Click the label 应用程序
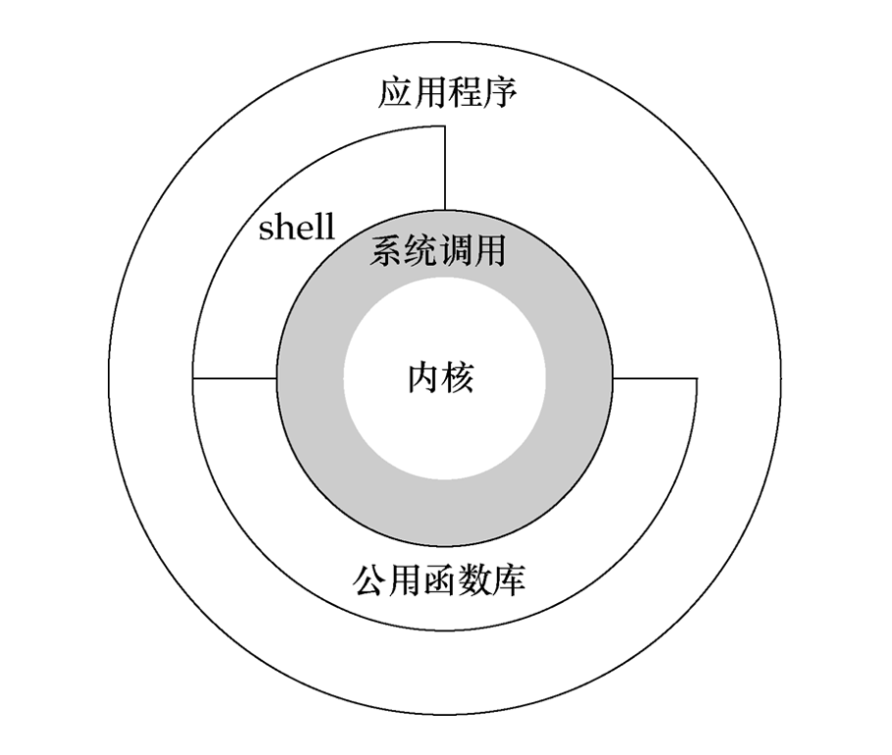click(x=447, y=95)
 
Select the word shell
click(x=296, y=228)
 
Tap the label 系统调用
click(x=437, y=252)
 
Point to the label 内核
click(x=441, y=377)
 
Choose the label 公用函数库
click(x=438, y=579)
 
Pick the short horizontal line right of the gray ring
click(x=654, y=378)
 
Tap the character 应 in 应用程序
click(x=395, y=95)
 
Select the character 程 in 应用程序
click(x=465, y=95)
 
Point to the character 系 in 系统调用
click(x=386, y=252)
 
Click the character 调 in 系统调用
click(x=455, y=252)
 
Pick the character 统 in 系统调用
click(x=421, y=252)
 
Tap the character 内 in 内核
click(x=423, y=377)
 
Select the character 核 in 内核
click(x=459, y=377)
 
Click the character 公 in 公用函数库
click(x=369, y=579)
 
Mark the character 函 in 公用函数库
click(x=438, y=579)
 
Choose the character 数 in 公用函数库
click(x=473, y=579)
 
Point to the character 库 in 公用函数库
click(x=508, y=579)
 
